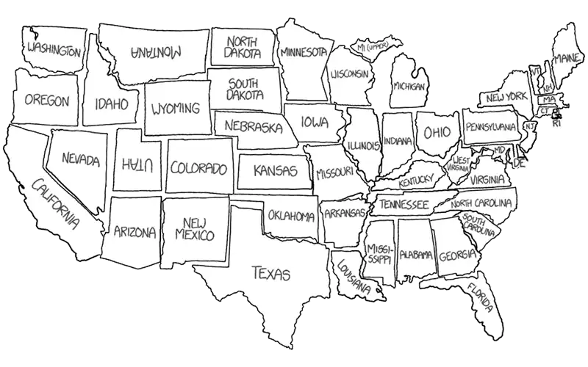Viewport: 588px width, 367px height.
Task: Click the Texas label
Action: [x=270, y=274]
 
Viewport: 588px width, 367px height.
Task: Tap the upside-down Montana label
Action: [x=157, y=51]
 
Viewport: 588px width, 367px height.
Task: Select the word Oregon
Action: [x=46, y=101]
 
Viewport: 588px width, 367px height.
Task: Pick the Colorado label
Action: [x=198, y=168]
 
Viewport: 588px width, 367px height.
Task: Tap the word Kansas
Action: [x=275, y=171]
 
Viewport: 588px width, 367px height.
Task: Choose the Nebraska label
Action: [x=254, y=126]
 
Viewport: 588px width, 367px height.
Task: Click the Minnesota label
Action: [x=303, y=53]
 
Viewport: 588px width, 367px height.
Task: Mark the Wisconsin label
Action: [x=349, y=75]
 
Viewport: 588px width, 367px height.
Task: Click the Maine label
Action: [x=564, y=57]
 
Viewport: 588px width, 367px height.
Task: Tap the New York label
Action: [x=506, y=96]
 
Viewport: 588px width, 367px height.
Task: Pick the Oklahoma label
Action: [x=291, y=216]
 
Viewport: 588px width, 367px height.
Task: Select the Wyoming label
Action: [x=175, y=109]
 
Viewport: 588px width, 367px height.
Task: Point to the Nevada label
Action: [x=80, y=159]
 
